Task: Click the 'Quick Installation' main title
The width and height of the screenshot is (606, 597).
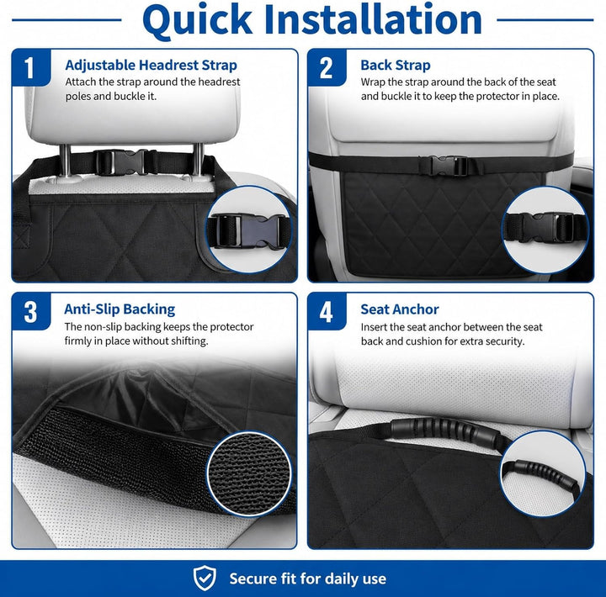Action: tap(312, 20)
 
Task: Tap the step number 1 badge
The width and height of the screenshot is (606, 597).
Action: tap(31, 67)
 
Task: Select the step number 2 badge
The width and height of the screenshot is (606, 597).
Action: tap(327, 67)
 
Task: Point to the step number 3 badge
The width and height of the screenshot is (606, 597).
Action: tap(31, 312)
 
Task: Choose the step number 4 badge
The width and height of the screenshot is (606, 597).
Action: tap(327, 312)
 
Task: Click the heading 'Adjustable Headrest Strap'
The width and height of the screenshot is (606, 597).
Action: tap(151, 66)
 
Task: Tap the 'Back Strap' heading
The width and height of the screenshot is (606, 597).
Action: tap(396, 66)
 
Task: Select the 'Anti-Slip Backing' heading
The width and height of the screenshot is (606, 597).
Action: tap(120, 309)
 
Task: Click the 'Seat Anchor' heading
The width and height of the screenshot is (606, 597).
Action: tap(400, 309)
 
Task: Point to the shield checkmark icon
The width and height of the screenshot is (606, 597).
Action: tap(205, 578)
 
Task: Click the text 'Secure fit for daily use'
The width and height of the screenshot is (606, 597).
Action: tap(308, 579)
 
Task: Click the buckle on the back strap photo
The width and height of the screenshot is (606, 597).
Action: tap(449, 166)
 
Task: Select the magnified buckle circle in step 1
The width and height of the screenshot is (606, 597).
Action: tap(249, 230)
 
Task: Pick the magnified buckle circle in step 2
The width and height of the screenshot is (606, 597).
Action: tap(545, 230)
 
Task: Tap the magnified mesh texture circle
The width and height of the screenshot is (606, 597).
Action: tap(249, 473)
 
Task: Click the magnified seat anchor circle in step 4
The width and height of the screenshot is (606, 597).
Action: tap(543, 473)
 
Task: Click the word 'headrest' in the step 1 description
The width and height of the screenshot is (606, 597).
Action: tap(219, 82)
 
